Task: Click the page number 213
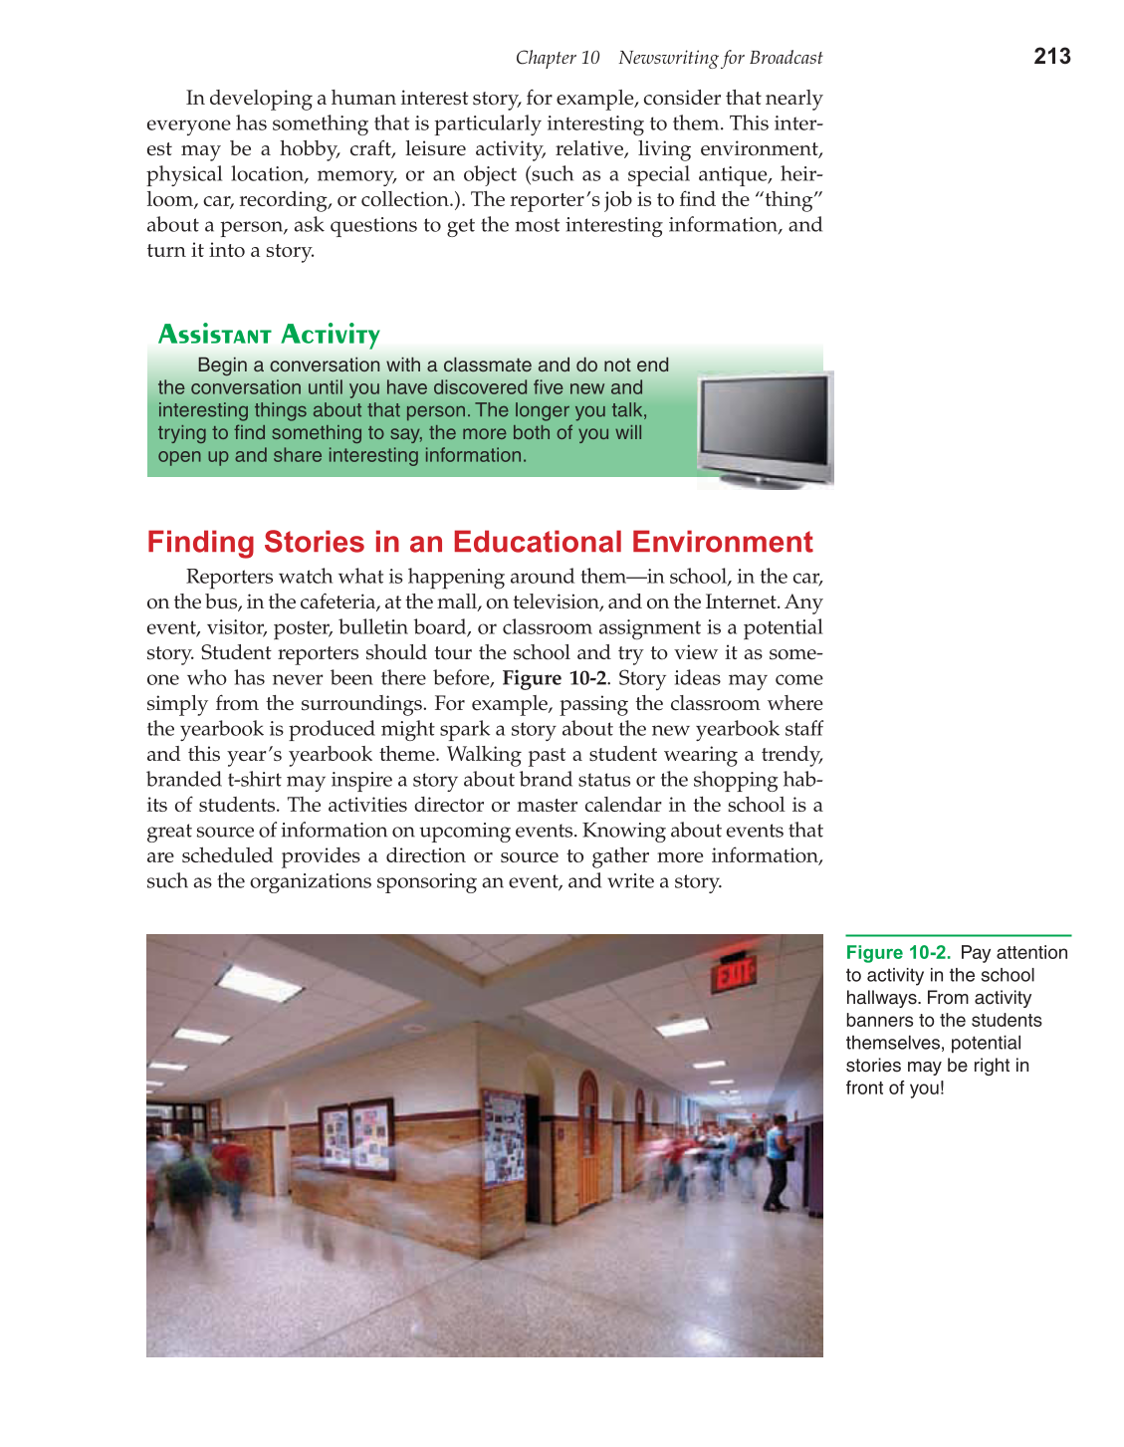click(1051, 57)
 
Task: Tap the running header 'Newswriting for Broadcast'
click(720, 58)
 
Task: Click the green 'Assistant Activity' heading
click(269, 335)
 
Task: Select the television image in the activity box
click(765, 428)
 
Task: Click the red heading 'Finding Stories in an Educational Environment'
click(480, 542)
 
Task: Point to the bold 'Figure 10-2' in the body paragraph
click(554, 678)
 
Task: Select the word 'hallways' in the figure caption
click(879, 998)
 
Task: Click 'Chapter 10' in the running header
click(558, 58)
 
